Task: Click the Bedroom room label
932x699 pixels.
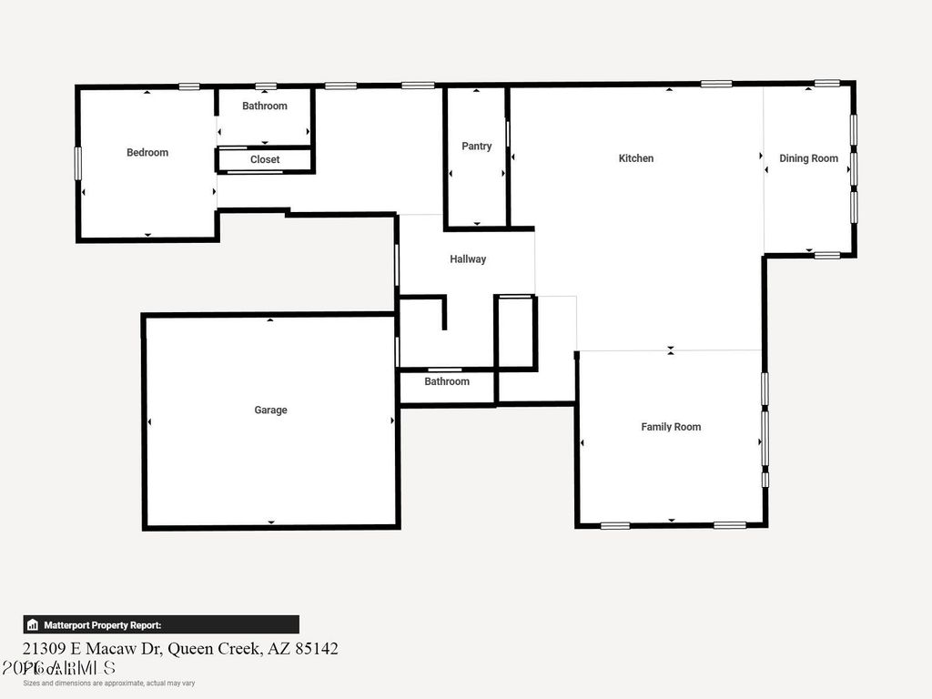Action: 147,153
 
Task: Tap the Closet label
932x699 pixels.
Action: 265,159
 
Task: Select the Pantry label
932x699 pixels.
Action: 476,147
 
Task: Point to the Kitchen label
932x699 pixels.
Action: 636,158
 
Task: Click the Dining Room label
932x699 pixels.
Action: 808,158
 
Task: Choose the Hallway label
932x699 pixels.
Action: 468,259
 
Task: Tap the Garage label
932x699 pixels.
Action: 270,410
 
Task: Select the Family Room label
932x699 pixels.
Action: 671,427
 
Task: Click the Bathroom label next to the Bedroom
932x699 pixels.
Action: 265,106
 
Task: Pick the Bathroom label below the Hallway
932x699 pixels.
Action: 447,381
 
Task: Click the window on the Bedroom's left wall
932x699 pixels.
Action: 78,163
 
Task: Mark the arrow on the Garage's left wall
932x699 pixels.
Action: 149,420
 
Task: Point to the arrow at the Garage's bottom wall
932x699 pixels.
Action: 271,522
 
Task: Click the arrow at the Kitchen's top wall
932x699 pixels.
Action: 669,89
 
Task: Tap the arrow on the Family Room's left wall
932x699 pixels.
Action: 582,443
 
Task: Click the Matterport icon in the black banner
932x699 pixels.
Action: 33,625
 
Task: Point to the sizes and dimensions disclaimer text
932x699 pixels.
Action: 109,683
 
